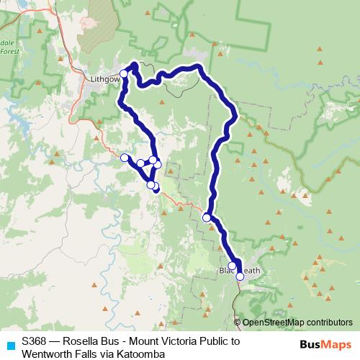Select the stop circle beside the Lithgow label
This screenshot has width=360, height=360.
tap(123, 73)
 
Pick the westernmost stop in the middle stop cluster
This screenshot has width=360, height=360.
tap(125, 158)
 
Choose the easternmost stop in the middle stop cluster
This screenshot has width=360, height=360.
tap(158, 165)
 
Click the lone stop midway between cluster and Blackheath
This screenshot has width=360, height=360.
tap(207, 217)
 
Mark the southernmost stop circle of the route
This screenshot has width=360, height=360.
tap(240, 276)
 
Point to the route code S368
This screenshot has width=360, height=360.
tap(35, 341)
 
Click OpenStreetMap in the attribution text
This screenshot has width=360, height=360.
tap(275, 323)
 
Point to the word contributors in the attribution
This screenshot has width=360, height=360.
tap(330, 323)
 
